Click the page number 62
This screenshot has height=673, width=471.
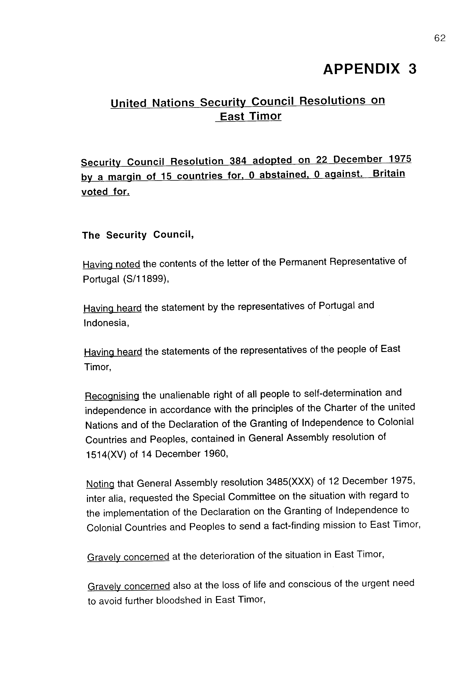[439, 38]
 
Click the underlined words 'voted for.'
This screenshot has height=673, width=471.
[105, 192]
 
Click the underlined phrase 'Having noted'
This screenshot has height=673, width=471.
[111, 264]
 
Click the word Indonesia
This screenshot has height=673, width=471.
[106, 323]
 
